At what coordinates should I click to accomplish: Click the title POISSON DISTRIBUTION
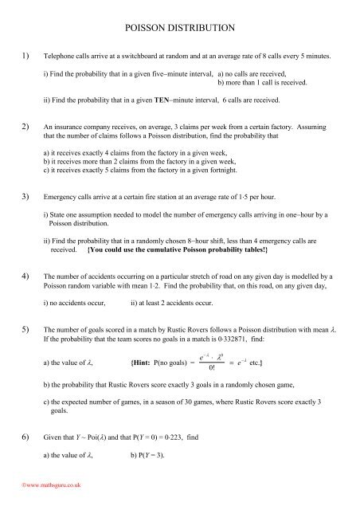[x=179, y=28]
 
